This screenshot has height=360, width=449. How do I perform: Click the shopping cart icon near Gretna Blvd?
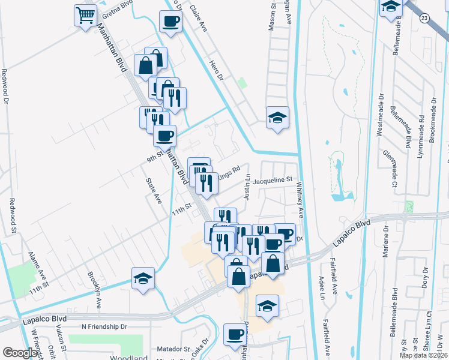click(x=86, y=15)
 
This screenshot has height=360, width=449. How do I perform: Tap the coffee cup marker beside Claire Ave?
click(x=170, y=22)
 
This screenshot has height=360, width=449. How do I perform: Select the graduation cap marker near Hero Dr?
click(x=277, y=118)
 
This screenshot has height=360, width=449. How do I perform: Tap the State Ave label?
click(x=154, y=190)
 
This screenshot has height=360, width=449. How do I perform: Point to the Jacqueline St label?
click(x=272, y=179)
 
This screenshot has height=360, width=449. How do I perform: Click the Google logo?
click(x=20, y=353)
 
